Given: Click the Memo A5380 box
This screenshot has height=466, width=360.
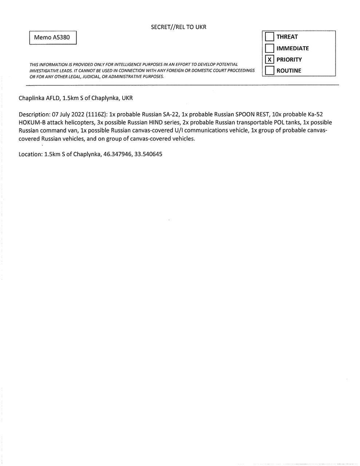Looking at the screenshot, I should tap(53, 37).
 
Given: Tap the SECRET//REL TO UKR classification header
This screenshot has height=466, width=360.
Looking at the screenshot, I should tap(178, 27).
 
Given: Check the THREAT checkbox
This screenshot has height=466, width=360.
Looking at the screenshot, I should tap(269, 37).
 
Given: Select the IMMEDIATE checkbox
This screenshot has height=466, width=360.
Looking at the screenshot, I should tap(269, 48).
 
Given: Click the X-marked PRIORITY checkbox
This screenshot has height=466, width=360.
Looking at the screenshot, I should tap(269, 59).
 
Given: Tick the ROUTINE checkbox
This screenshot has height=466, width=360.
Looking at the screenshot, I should tap(269, 71).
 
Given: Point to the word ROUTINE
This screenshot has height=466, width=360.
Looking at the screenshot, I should tap(289, 71).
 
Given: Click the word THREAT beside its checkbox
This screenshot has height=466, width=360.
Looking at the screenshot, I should tap(287, 37).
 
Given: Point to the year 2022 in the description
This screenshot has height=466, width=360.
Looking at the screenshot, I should tap(77, 114).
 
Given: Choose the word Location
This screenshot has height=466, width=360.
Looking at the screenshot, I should tap(30, 154).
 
